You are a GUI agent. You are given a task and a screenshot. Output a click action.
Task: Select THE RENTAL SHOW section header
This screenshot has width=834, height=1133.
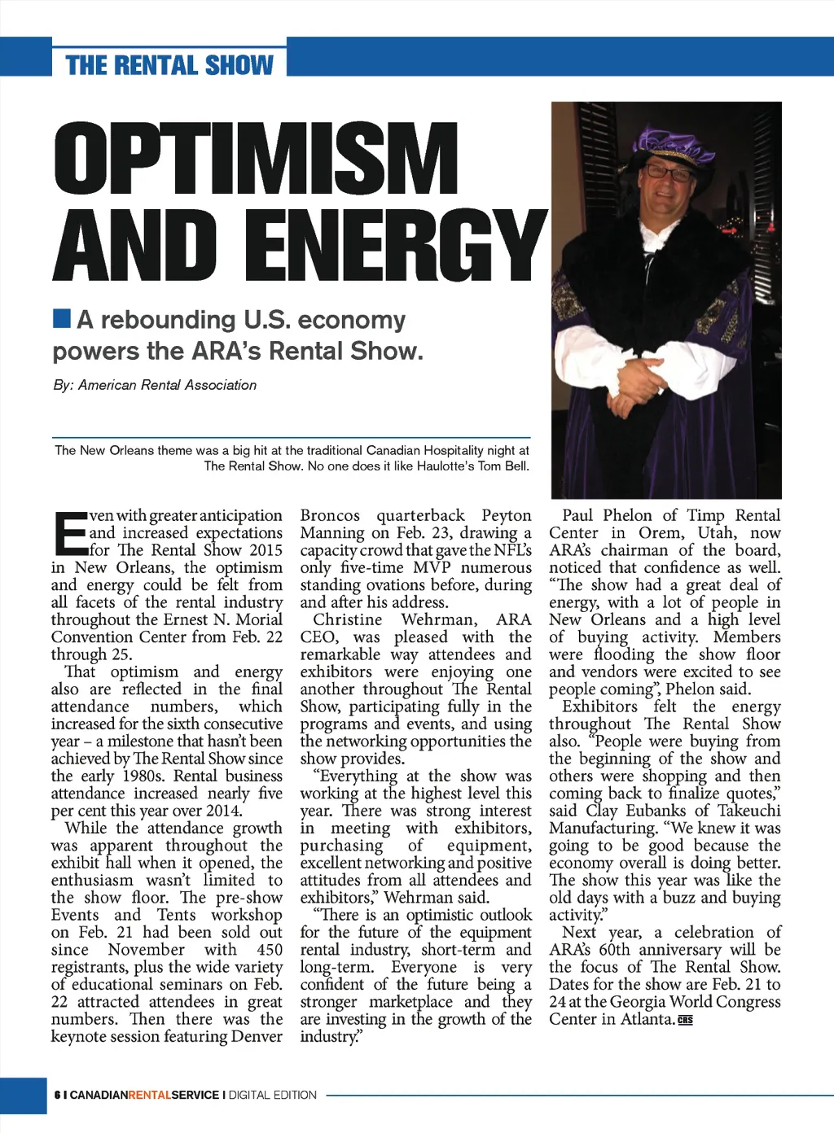(169, 65)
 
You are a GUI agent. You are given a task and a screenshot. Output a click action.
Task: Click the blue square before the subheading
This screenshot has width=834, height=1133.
(61, 317)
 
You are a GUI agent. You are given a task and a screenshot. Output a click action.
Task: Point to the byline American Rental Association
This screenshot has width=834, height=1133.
(167, 385)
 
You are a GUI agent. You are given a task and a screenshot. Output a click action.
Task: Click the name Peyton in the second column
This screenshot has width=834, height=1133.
(506, 515)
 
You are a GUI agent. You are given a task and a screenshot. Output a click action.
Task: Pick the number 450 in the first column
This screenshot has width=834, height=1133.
(270, 950)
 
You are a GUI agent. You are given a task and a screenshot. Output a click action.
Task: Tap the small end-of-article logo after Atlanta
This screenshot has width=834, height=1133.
(685, 1020)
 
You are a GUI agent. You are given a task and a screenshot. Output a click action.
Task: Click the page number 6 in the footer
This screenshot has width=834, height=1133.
(57, 1095)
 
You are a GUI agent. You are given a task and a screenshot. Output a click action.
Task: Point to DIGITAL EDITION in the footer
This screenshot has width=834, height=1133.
(272, 1095)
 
